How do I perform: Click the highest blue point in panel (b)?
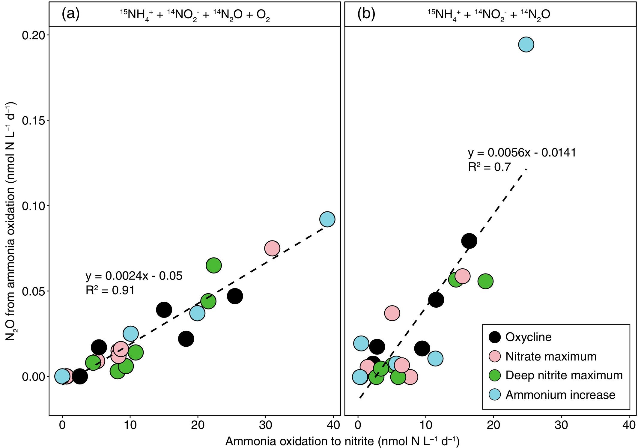(526, 44)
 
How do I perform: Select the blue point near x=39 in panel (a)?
(327, 219)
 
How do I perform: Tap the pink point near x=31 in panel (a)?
(272, 248)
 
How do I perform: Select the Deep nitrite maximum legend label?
(564, 375)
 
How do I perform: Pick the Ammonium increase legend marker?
(495, 395)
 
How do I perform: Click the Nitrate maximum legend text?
(551, 356)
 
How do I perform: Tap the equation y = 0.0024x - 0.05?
(134, 276)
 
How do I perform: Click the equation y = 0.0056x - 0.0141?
(522, 153)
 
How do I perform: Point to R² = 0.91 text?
(110, 290)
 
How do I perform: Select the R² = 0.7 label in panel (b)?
(489, 167)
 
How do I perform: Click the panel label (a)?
(70, 14)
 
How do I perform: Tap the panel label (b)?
(366, 14)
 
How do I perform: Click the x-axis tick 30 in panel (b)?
(561, 425)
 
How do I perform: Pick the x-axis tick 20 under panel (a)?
(198, 425)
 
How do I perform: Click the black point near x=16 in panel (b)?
(469, 241)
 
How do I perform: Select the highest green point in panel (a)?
(213, 265)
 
